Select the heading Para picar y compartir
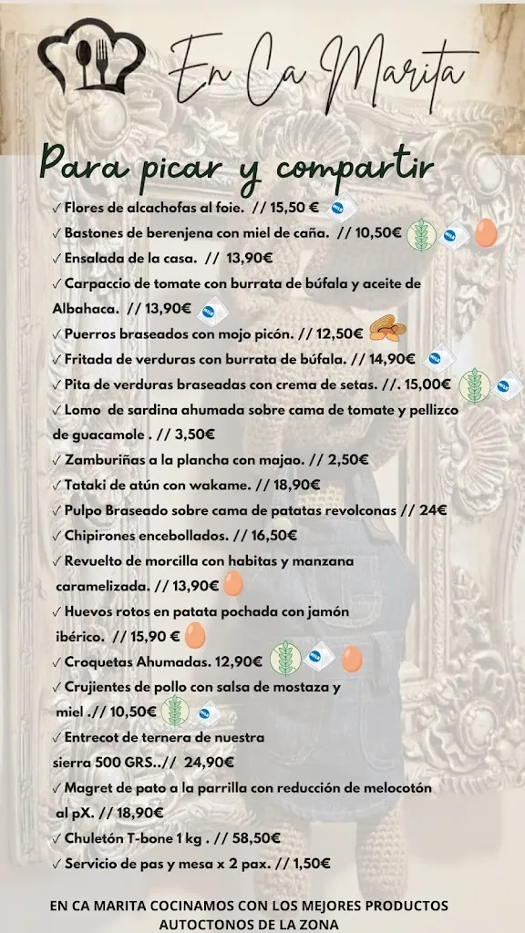(x=236, y=168)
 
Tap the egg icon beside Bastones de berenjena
(x=484, y=232)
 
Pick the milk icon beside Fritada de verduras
(x=439, y=359)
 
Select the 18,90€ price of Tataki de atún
(x=293, y=485)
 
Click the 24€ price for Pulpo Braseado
(x=433, y=510)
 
